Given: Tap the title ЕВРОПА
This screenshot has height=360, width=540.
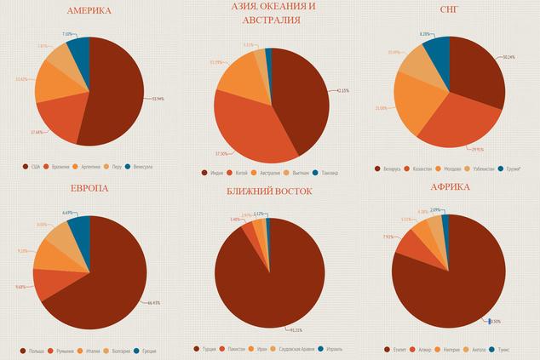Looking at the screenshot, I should coord(89,188).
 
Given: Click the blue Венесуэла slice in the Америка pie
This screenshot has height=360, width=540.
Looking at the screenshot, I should coord(79,52).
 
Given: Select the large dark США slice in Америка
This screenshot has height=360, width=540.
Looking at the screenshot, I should coord(115,94).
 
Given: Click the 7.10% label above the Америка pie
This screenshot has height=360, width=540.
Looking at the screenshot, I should coord(67,35).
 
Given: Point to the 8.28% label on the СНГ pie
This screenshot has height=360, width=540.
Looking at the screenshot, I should coord(426,34).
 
